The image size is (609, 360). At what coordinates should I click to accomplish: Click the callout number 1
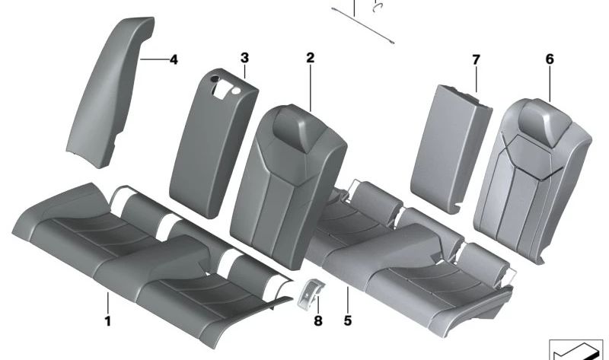(107, 321)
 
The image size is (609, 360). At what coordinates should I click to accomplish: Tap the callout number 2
(310, 59)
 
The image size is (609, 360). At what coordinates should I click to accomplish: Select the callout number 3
(244, 59)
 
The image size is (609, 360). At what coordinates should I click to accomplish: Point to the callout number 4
(174, 60)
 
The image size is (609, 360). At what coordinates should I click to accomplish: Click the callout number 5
(348, 320)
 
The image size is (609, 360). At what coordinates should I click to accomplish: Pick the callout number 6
(550, 59)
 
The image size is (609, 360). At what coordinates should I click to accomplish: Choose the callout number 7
(477, 60)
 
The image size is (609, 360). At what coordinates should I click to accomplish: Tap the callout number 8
(318, 321)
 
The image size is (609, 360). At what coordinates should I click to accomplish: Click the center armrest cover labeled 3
(214, 144)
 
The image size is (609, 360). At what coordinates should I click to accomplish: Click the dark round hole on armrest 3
(215, 79)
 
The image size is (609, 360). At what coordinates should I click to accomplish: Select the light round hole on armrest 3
(236, 91)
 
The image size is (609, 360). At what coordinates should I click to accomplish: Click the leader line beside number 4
(155, 59)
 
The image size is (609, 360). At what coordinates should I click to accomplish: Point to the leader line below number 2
(311, 88)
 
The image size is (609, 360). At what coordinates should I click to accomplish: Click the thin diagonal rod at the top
(363, 25)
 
